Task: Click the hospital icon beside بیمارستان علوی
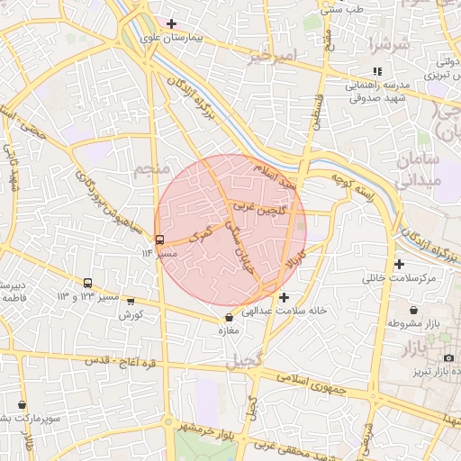point(172,23)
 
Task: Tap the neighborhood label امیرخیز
point(271,58)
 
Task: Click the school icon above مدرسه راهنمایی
point(377,71)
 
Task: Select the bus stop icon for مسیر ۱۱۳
point(160,240)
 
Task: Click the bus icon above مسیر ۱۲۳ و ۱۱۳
point(87,283)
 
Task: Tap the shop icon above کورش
point(131,302)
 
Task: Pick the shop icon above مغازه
point(229,317)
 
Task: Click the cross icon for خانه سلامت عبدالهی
point(285,297)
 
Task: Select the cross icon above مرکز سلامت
point(399,264)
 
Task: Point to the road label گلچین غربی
point(260,208)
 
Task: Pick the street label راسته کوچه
point(351,187)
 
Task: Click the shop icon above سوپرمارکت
point(22,405)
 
